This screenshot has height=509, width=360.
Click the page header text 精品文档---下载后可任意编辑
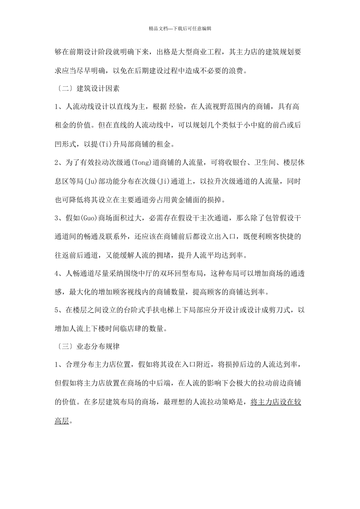(x=180, y=28)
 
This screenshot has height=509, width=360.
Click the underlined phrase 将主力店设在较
(x=276, y=402)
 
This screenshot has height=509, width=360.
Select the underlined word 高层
(x=62, y=420)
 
